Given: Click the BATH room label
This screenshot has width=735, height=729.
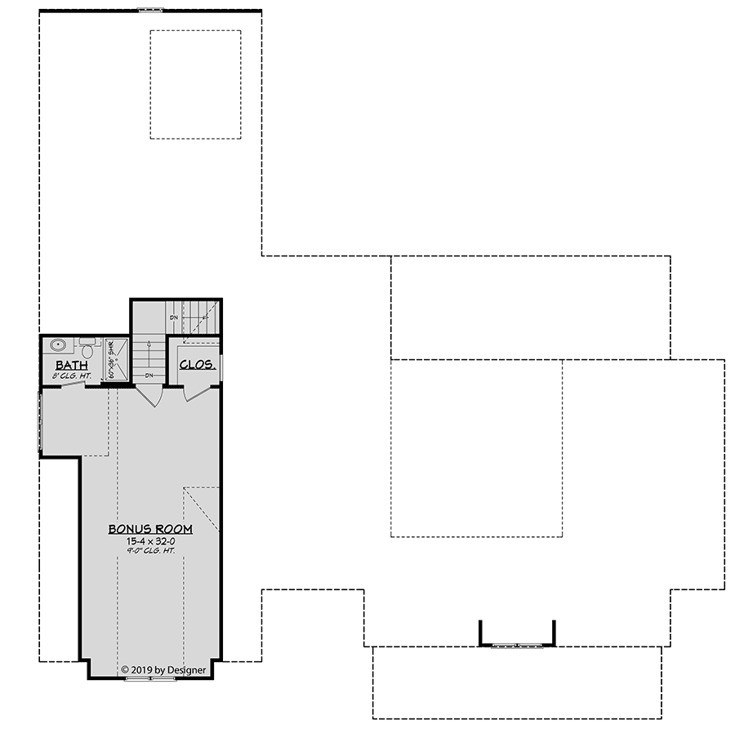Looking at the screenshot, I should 71,364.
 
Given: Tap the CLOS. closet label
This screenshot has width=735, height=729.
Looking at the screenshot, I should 198,364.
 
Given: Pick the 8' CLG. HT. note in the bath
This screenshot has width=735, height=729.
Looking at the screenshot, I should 72,375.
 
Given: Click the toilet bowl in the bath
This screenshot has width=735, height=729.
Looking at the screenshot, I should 87,351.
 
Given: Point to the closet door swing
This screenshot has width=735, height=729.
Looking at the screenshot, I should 196,393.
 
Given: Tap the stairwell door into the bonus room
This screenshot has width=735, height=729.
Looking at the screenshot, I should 149,396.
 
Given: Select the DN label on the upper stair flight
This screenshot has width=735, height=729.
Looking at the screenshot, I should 173,317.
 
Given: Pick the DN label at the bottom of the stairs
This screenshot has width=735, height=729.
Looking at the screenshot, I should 149,375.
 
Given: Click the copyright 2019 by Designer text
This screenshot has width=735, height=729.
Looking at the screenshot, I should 163,669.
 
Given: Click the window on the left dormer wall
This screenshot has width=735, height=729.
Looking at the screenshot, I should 40,421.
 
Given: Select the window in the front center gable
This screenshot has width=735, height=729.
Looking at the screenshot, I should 518,646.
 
